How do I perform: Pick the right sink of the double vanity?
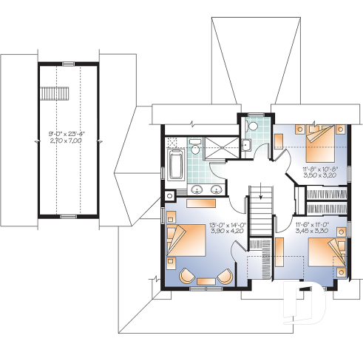tap(217, 189)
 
